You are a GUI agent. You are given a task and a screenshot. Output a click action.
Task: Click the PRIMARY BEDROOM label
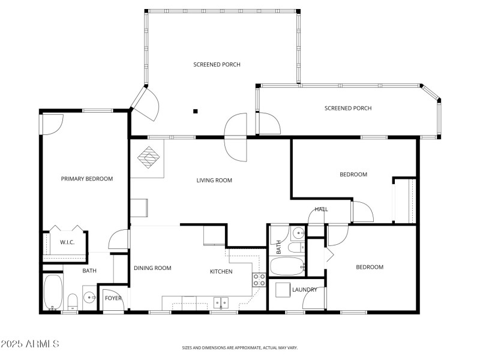87,179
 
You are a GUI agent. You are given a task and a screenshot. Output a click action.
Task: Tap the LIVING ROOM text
214,180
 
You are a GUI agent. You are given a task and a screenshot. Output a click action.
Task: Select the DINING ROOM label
152,268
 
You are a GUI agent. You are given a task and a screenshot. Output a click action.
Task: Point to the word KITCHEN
221,272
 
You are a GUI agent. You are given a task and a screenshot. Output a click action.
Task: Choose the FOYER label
113,298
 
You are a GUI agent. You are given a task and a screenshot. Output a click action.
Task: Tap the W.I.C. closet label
67,242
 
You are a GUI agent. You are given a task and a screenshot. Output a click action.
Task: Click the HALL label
321,209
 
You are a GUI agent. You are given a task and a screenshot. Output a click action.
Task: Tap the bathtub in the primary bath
52,292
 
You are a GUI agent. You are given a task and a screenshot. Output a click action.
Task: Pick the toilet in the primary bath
71,301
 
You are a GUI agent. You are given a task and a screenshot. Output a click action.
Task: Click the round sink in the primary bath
90,297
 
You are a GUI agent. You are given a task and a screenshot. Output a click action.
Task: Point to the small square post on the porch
195,110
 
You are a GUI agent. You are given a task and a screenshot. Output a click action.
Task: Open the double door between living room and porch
235,136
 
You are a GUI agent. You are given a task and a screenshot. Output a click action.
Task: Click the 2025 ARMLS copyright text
29,344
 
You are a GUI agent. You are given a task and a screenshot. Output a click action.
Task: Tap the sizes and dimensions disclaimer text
240,347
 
